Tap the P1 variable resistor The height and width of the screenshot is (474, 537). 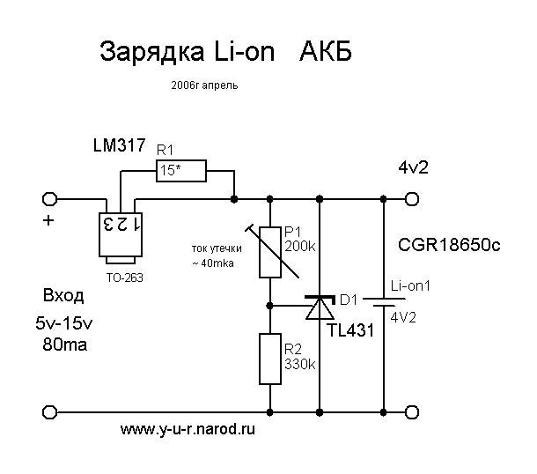click(270, 251)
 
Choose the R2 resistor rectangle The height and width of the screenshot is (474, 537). click(270, 359)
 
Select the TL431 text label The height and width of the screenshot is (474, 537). click(350, 331)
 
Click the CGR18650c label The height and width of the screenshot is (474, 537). click(449, 244)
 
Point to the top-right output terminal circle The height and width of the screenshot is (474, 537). click(410, 197)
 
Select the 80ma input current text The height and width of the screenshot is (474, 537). click(64, 344)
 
